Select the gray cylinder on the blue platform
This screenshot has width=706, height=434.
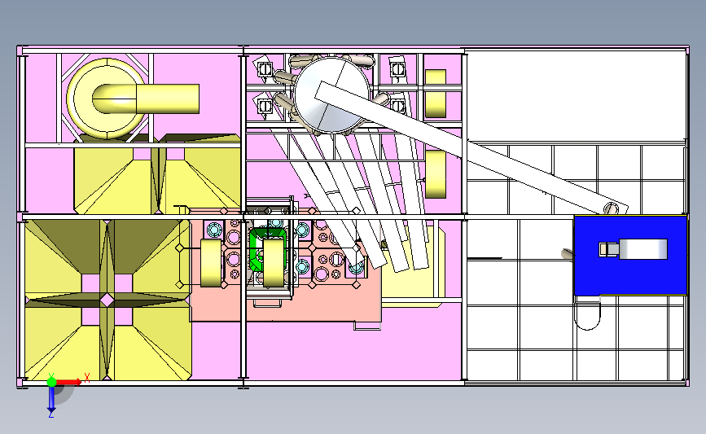coord(643,249)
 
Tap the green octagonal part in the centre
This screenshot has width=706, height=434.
coord(267,249)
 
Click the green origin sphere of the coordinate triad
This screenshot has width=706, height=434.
coord(51,382)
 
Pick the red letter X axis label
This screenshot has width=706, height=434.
coord(87,378)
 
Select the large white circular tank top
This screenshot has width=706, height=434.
coord(332,94)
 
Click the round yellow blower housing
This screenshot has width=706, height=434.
coord(106,99)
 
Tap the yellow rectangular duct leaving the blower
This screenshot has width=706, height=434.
coord(168,99)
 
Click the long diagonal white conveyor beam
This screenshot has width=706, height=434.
coord(471,147)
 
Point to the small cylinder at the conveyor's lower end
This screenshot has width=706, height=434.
coord(611,208)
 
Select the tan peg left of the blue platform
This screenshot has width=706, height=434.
coord(568,254)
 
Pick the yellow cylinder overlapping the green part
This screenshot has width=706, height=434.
coord(274,263)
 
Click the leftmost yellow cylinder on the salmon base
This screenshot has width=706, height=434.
coord(211,263)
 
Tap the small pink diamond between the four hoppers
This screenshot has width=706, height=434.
coord(107,300)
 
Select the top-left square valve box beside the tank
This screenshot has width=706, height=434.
coord(265,69)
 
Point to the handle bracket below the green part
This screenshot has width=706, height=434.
coord(267,303)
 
